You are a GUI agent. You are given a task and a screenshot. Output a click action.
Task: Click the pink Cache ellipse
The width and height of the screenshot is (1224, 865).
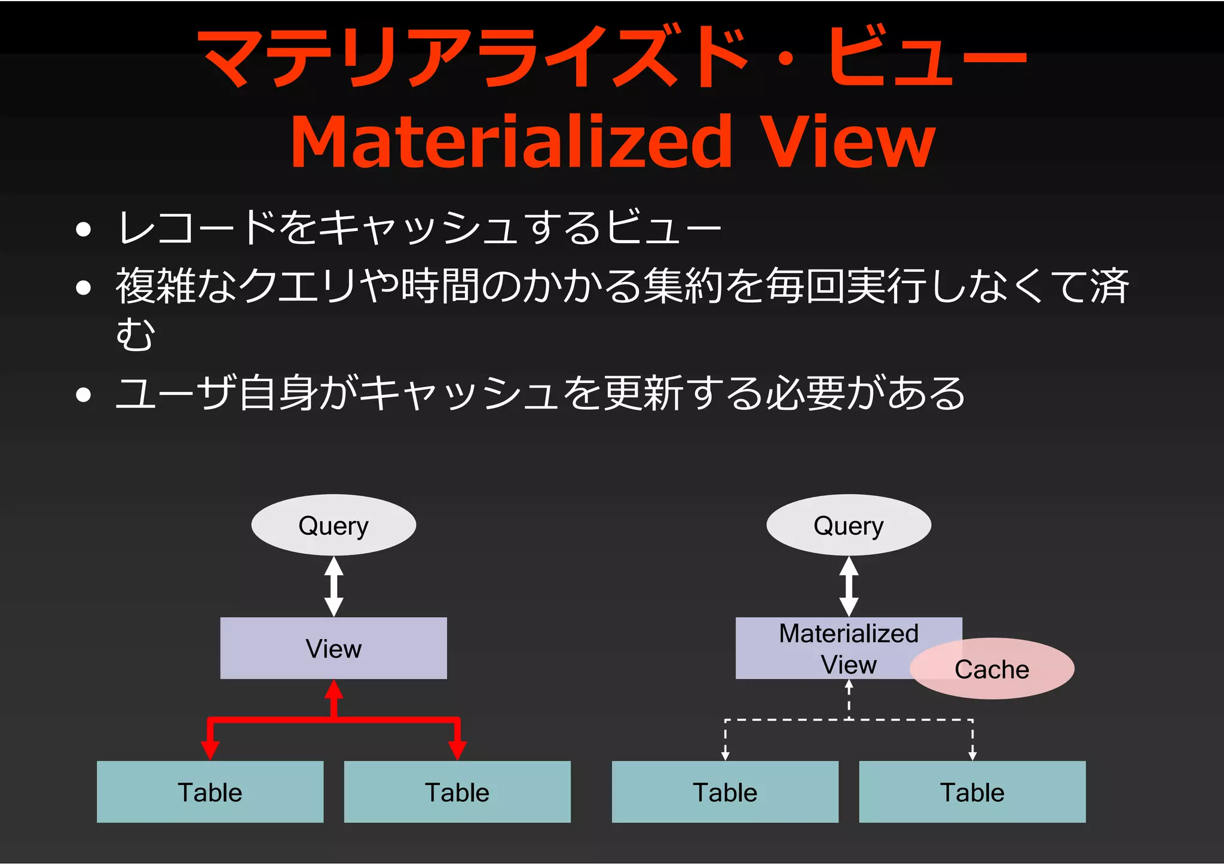click(x=992, y=669)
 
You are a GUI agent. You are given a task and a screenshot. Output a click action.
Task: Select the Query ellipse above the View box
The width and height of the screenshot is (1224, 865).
click(x=333, y=525)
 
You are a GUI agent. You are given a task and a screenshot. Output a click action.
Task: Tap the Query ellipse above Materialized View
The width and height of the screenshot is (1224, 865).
click(x=849, y=525)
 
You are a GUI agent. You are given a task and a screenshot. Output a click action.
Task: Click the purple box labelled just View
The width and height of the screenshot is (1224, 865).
click(x=333, y=648)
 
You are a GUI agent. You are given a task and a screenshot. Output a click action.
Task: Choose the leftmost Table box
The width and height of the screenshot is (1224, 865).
click(x=210, y=792)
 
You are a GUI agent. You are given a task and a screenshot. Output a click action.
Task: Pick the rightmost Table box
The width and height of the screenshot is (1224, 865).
click(x=972, y=792)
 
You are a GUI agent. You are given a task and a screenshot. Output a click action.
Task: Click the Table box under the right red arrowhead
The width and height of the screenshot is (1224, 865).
click(x=457, y=792)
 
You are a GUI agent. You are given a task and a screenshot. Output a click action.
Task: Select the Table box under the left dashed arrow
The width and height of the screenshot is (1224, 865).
click(x=725, y=792)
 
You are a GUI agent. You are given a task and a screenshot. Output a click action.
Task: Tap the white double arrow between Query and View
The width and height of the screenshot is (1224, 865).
click(x=333, y=587)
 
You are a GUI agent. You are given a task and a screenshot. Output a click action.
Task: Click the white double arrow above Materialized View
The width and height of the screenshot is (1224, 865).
click(x=849, y=587)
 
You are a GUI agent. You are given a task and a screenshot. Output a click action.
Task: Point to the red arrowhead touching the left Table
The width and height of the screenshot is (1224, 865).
click(x=210, y=750)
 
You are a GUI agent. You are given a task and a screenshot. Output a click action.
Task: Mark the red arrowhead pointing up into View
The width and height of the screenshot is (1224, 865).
click(x=333, y=690)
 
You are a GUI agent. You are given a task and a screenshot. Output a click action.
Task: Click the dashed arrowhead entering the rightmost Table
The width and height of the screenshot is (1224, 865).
click(x=972, y=756)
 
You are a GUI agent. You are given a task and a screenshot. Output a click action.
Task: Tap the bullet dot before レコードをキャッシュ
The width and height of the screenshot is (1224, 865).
click(x=84, y=229)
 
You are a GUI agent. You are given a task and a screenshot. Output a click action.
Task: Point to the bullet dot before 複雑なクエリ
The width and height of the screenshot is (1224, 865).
click(x=84, y=288)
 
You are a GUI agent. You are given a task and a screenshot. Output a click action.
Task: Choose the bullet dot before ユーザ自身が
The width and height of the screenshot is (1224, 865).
click(x=84, y=395)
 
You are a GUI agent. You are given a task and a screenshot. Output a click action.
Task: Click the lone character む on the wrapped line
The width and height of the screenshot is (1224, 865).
click(x=136, y=335)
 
